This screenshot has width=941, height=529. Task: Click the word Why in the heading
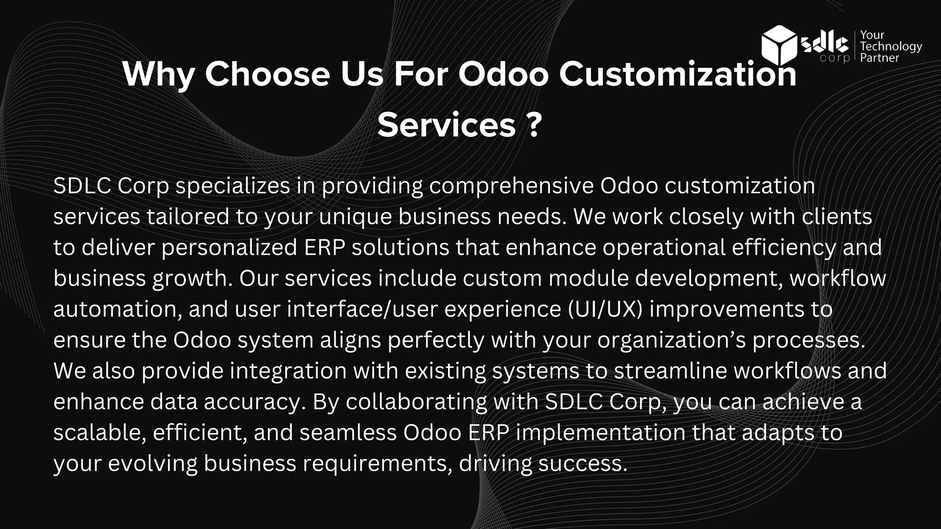159,74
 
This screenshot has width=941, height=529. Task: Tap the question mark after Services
533,125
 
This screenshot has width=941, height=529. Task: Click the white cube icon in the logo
779,45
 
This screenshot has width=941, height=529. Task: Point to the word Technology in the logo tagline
891,46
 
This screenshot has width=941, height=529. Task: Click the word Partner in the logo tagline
879,58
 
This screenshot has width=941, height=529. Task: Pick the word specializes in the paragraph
233,186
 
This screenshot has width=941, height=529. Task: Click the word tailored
187,217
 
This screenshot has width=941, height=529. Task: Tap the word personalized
229,248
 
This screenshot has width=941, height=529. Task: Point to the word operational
663,248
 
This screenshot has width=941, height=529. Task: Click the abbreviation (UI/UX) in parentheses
605,309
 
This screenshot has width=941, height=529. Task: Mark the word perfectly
436,340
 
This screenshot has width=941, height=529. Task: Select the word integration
288,371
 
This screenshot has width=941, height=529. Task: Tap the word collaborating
416,402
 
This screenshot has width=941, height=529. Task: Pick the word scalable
100,433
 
